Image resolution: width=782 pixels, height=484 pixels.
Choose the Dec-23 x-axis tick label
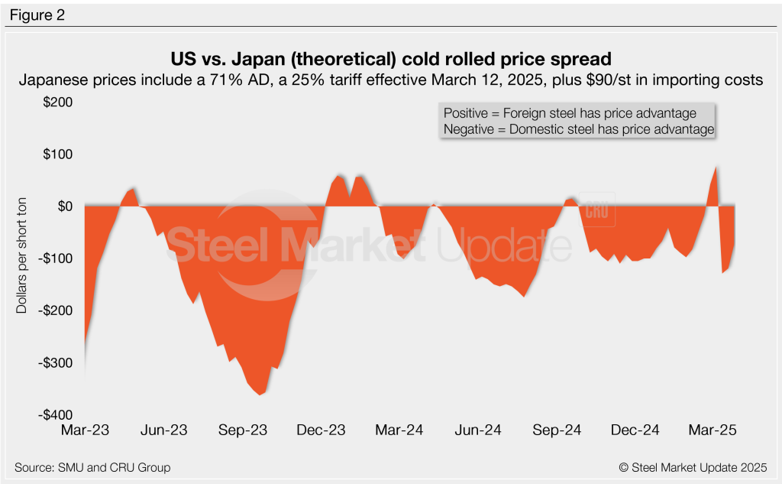(322, 430)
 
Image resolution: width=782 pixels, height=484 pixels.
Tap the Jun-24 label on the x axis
(478, 430)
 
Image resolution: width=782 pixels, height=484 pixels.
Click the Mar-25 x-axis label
(713, 430)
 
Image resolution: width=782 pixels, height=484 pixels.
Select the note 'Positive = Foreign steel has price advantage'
(570, 112)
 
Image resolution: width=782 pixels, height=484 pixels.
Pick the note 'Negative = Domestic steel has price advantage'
(578, 129)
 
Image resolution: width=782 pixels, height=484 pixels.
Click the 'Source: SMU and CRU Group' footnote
(92, 467)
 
